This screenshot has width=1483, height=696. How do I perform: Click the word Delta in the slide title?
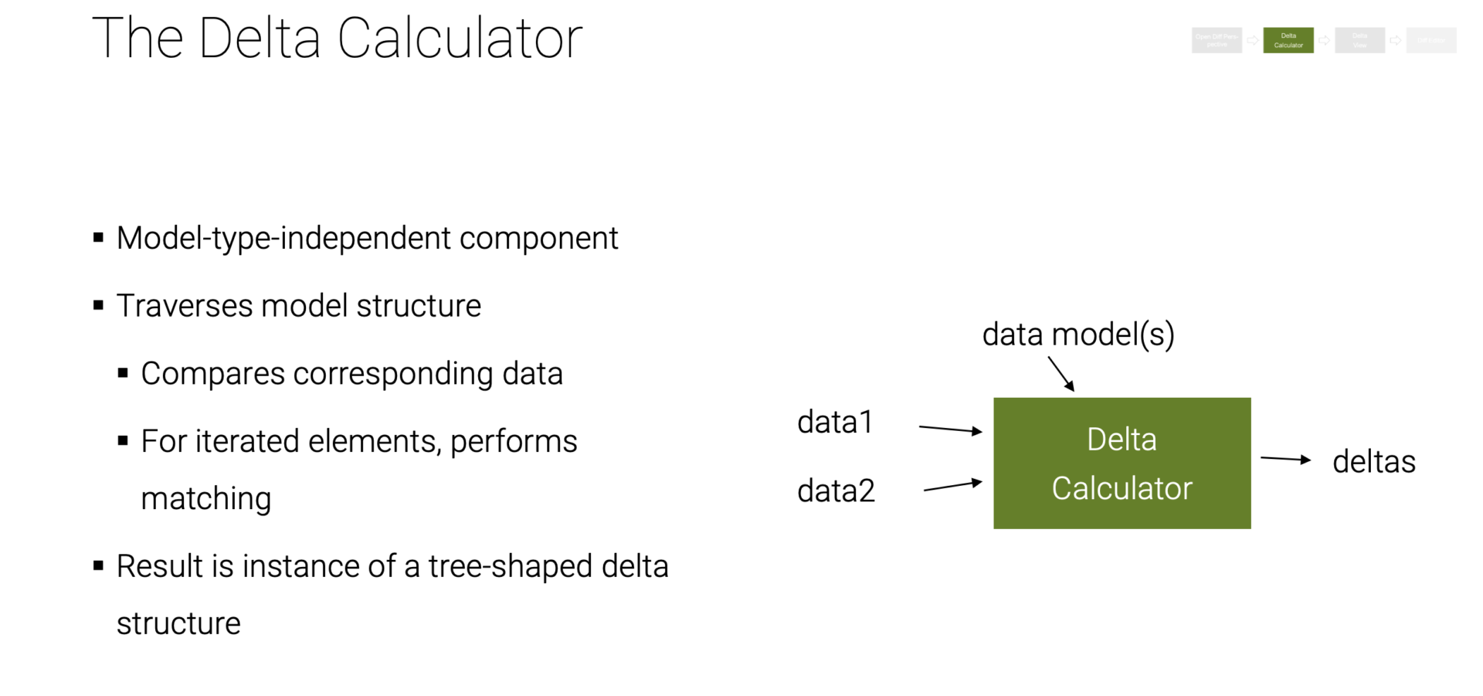pyautogui.click(x=260, y=38)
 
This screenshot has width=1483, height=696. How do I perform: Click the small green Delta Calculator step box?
pyautogui.click(x=1288, y=40)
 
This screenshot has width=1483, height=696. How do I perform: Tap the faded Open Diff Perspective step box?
pyautogui.click(x=1217, y=40)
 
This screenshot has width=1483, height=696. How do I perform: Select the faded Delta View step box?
pyautogui.click(x=1359, y=40)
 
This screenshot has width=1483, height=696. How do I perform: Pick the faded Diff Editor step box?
pyautogui.click(x=1431, y=40)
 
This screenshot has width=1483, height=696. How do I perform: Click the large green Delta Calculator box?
pyautogui.click(x=1122, y=463)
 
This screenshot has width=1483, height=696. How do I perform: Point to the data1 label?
pyautogui.click(x=835, y=423)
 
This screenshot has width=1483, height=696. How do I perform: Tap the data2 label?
pyautogui.click(x=836, y=491)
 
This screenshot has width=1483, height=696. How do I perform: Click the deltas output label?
pyautogui.click(x=1373, y=462)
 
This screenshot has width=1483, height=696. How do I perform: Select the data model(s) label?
pyautogui.click(x=1077, y=334)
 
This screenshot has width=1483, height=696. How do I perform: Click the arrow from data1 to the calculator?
pyautogui.click(x=950, y=429)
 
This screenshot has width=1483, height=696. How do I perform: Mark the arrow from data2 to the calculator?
pyautogui.click(x=952, y=486)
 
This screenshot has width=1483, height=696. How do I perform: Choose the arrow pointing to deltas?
pyautogui.click(x=1285, y=459)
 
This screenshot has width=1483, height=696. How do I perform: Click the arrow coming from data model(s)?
pyautogui.click(x=1061, y=374)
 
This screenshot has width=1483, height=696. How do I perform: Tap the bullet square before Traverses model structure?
pyautogui.click(x=98, y=306)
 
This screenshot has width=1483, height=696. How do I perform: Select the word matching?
pyautogui.click(x=205, y=498)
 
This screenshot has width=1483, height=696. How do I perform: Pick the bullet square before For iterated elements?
pyautogui.click(x=123, y=441)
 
